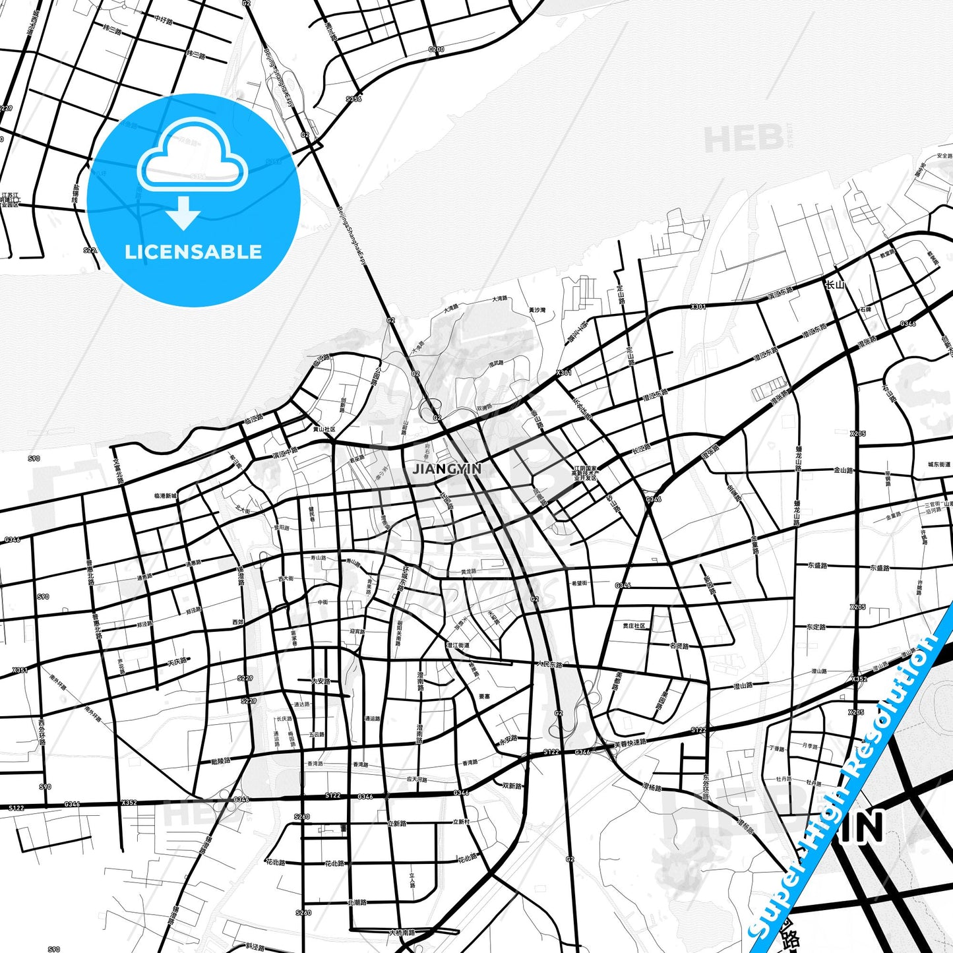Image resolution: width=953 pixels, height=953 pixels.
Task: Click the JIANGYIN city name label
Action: pyautogui.click(x=447, y=469)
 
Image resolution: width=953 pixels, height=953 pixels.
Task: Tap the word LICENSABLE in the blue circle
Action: pyautogui.click(x=193, y=252)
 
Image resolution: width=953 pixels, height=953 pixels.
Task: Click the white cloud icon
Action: pyautogui.click(x=193, y=155)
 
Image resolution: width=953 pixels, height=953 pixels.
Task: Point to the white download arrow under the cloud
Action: pyautogui.click(x=184, y=213)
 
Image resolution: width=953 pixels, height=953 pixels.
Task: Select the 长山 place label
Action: pyautogui.click(x=835, y=285)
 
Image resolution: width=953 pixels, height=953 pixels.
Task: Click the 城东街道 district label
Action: pyautogui.click(x=939, y=464)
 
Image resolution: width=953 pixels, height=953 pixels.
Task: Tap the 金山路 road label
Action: pyautogui.click(x=844, y=470)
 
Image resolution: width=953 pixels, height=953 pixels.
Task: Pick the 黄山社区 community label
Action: pyautogui.click(x=324, y=429)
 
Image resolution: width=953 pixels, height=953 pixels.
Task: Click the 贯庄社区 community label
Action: pyautogui.click(x=634, y=626)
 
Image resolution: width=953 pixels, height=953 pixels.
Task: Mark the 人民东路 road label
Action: pyautogui.click(x=549, y=664)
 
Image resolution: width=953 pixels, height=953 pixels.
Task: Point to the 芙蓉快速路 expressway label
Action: pyautogui.click(x=630, y=741)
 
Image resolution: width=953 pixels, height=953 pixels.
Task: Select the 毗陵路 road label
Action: pyautogui.click(x=220, y=760)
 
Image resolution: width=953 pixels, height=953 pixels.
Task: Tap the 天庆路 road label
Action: pyautogui.click(x=177, y=661)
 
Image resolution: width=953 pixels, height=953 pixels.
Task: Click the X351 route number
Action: pyautogui.click(x=20, y=670)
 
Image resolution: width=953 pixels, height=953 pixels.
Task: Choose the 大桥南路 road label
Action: pyautogui.click(x=402, y=933)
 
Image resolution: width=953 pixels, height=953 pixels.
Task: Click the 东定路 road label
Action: pyautogui.click(x=816, y=627)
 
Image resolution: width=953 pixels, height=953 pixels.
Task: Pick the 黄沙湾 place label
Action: pyautogui.click(x=538, y=309)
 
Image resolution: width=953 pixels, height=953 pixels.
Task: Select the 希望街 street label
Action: pyautogui.click(x=580, y=583)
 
